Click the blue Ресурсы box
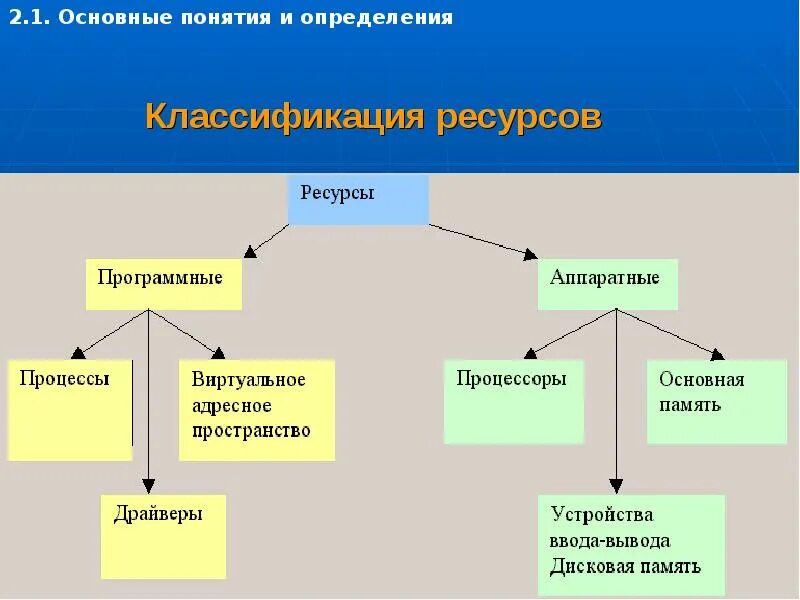pos(358,199)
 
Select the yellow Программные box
pos(163,284)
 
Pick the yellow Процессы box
pos(69,410)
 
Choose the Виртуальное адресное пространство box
pos(256,410)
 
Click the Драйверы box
pos(163,536)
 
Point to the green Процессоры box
pos(513,401)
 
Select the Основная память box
pos(716,401)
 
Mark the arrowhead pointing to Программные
pos(251,252)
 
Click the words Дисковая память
pos(625,566)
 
